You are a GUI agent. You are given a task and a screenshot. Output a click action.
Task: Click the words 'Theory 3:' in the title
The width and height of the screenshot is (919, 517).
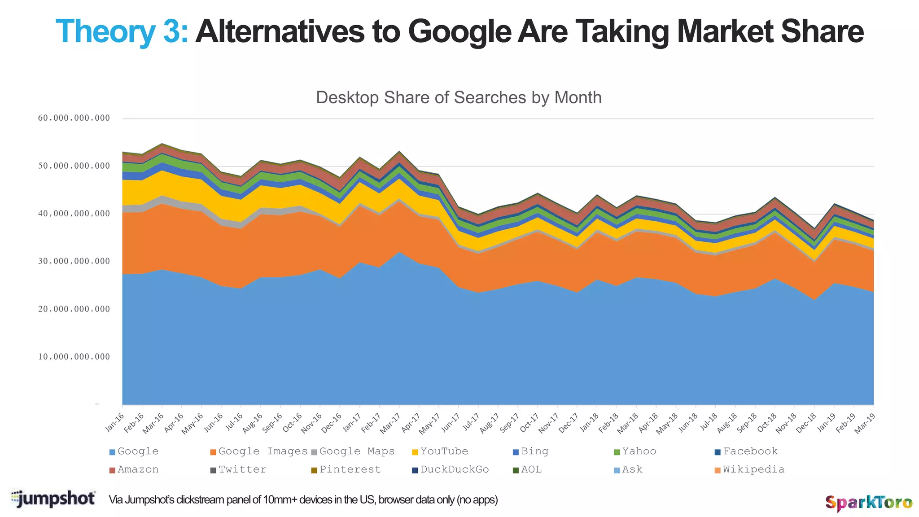(x=121, y=31)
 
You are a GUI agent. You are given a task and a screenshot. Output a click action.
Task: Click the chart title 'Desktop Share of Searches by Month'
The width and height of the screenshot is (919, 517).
(x=459, y=97)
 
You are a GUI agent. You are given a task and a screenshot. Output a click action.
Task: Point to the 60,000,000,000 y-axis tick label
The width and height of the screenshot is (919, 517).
(x=74, y=118)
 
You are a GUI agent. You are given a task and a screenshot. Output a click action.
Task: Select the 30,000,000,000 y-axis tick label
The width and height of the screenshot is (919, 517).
(x=74, y=261)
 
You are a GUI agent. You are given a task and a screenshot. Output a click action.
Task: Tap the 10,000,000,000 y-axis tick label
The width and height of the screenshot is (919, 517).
(x=74, y=357)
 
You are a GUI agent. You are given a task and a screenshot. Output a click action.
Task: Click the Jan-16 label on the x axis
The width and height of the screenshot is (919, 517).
(x=115, y=423)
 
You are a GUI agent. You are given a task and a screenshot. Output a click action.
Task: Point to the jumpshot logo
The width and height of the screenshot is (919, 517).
(x=53, y=499)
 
